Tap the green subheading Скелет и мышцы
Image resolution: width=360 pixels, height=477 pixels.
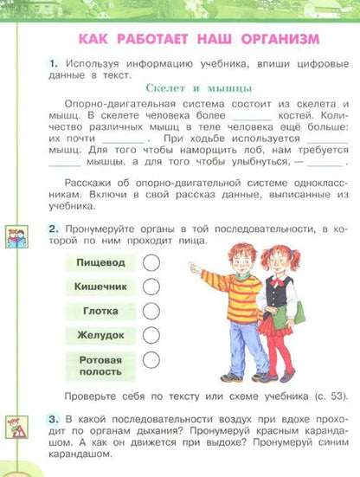point(199,87)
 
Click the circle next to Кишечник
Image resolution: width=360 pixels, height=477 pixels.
point(151,286)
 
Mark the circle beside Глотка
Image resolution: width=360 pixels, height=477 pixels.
point(151,310)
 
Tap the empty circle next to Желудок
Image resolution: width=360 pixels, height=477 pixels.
point(151,334)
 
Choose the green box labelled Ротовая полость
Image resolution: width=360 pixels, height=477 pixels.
point(100,364)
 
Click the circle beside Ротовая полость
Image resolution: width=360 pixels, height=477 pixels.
point(151,360)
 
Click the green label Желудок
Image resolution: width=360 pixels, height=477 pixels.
point(100,334)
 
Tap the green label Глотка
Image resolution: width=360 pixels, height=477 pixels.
point(100,310)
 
